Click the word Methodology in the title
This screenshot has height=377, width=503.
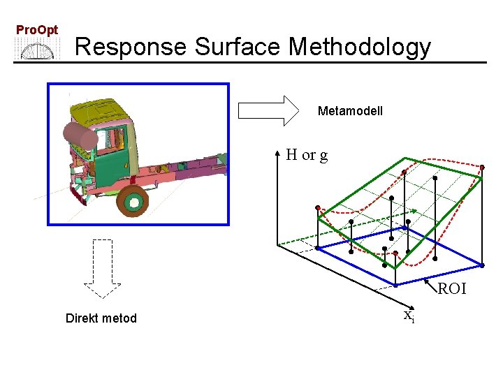(360, 47)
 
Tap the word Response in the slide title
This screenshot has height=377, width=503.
(131, 47)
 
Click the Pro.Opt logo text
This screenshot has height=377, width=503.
(37, 30)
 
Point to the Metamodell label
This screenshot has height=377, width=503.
(350, 111)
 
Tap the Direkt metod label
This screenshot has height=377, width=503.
(101, 318)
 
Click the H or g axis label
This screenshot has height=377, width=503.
(307, 155)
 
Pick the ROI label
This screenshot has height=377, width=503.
(452, 289)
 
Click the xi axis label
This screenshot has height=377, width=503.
(409, 316)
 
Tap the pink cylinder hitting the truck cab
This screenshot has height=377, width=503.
(80, 136)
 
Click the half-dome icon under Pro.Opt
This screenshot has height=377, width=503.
(37, 50)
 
